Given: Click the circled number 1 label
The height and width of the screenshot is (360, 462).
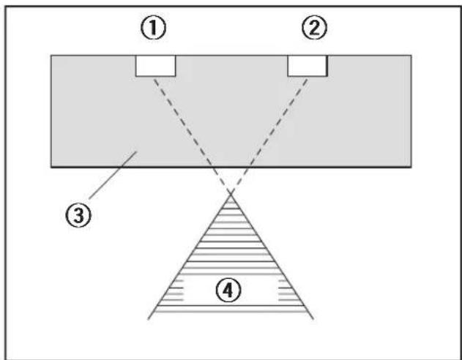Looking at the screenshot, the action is (153, 28).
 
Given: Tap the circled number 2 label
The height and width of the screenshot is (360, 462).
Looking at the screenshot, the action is (314, 28).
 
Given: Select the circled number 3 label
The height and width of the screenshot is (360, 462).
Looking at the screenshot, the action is (78, 215).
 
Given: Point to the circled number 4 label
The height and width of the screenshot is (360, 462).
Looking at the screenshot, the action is (228, 290).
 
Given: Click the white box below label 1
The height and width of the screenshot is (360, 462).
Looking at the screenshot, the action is (155, 66).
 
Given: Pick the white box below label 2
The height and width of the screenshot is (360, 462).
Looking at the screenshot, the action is (308, 66).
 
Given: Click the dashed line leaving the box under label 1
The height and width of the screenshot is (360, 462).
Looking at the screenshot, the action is (193, 135).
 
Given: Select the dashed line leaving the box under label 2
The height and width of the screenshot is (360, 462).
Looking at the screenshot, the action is (269, 135).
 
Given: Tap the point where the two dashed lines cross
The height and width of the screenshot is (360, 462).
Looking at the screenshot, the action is (231, 192).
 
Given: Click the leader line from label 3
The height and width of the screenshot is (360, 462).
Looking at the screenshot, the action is (113, 175).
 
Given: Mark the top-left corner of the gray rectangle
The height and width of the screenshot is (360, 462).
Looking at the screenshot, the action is (51, 56).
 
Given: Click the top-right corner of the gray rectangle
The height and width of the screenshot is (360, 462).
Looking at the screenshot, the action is (411, 56).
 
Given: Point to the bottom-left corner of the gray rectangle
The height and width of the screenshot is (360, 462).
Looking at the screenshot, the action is (51, 168).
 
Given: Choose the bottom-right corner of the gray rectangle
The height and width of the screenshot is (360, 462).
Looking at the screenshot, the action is (411, 168).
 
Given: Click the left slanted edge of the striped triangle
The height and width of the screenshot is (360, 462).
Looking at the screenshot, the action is (190, 255).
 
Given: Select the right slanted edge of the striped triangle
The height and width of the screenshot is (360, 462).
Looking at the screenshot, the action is (272, 255).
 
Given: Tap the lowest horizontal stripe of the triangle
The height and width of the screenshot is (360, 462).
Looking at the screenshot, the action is (231, 312).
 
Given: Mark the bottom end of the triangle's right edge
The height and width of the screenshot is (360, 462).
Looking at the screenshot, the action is (313, 319).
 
